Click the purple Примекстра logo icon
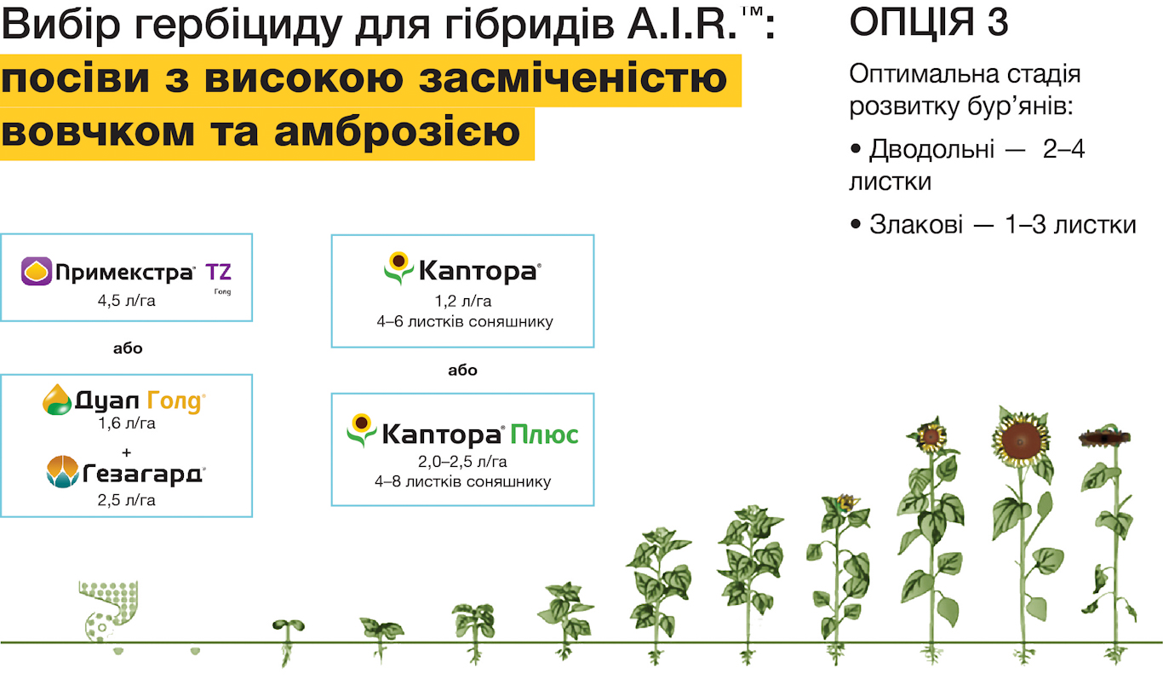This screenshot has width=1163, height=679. [37, 271]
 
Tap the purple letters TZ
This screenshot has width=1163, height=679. [218, 272]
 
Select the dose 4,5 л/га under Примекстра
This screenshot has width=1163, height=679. [126, 301]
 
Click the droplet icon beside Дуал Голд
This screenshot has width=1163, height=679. [56, 400]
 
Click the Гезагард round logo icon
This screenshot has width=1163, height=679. [62, 472]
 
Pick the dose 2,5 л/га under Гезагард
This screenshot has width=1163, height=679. [126, 500]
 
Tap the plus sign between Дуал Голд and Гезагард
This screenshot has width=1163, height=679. [126, 453]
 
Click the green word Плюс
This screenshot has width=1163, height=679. [544, 434]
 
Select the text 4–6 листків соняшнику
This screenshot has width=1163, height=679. [465, 321]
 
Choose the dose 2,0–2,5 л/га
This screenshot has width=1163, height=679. [462, 461]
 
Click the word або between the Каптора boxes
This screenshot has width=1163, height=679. [462, 370]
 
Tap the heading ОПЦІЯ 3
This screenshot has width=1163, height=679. [928, 22]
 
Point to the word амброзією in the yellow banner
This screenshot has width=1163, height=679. [398, 132]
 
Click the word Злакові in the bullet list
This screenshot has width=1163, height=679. [916, 225]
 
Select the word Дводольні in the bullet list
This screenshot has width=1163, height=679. [932, 149]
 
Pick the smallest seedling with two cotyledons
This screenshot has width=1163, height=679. [288, 625]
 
